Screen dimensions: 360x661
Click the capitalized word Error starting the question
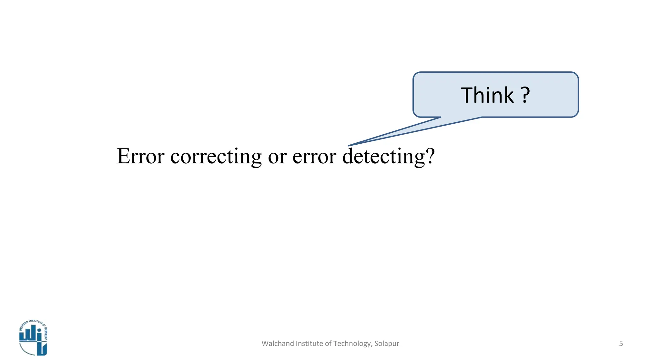[140, 156]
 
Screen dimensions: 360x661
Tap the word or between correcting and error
[277, 157]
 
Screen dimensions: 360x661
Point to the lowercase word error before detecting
[314, 157]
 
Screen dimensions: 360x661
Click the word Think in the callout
[487, 95]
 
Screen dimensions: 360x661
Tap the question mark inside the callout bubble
[525, 95]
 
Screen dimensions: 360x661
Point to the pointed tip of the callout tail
[349, 146]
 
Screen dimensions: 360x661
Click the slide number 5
[621, 344]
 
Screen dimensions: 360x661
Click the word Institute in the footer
[306, 344]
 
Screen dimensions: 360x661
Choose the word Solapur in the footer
[387, 344]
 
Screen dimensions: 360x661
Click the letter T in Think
[466, 95]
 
